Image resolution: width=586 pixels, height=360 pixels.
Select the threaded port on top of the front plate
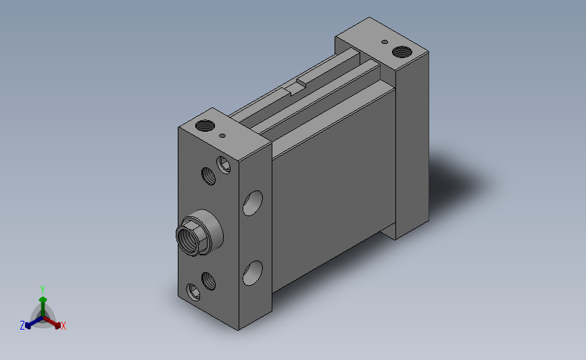(205, 126)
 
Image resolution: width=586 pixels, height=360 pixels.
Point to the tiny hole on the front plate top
(222, 136)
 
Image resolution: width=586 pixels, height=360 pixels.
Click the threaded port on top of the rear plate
(402, 52)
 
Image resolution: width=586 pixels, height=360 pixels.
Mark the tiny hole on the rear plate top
(385, 42)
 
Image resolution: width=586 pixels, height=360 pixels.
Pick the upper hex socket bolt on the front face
(224, 165)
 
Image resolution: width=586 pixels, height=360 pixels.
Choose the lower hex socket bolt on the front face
(193, 292)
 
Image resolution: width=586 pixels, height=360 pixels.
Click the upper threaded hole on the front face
(209, 176)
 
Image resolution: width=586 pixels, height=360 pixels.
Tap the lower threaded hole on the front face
(209, 281)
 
